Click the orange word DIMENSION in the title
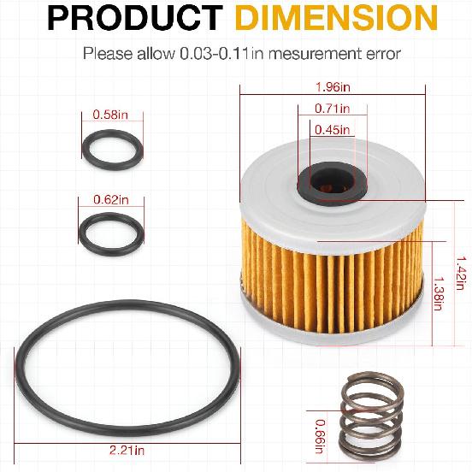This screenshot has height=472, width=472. pos(327,20)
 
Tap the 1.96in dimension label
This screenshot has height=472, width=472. pos(331,86)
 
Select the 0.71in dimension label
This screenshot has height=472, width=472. pos(331,109)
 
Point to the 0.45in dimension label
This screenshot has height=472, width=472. pos(331,130)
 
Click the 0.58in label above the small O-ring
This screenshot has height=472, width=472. pos(111,115)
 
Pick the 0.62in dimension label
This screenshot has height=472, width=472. pos(111,199)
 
